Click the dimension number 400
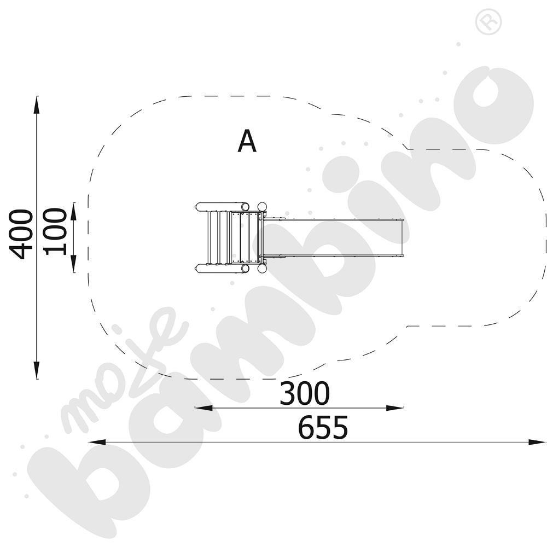pos(21,234)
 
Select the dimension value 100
pos(55,231)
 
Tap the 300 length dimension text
pos(305,393)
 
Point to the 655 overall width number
pos(323,427)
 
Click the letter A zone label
pos(247,141)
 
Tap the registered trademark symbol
pos(488,22)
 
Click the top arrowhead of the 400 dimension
pos(37,104)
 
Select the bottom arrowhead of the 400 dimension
pos(37,370)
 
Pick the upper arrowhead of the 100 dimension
pos(74,211)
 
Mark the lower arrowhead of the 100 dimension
pos(74,264)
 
